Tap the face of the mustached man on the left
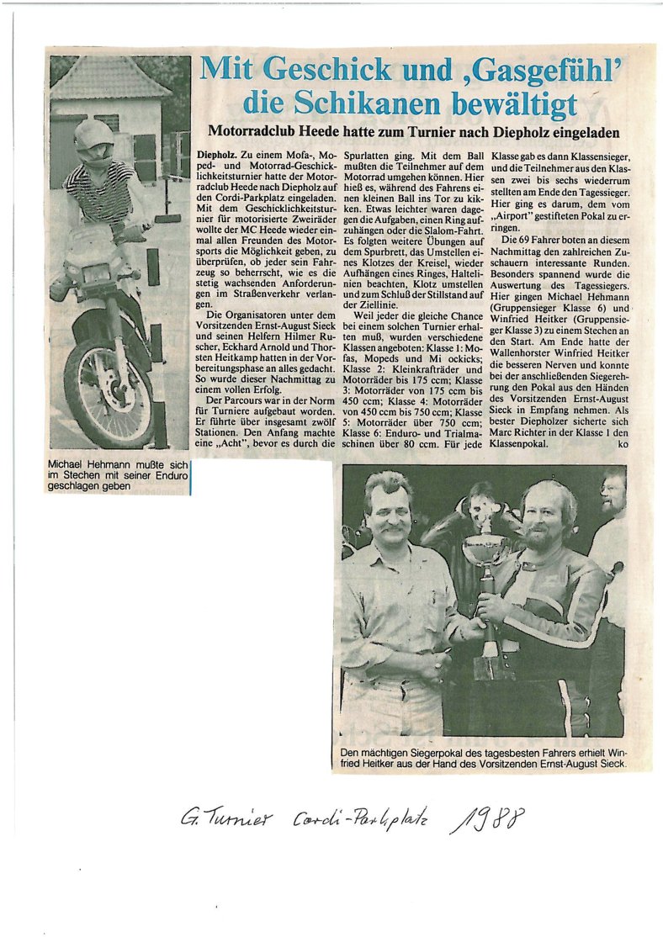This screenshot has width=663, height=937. (x=390, y=511)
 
